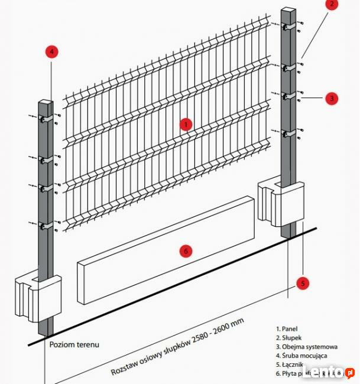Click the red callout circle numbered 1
click(186, 124)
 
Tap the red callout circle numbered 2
click(332, 4)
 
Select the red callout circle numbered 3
click(332, 98)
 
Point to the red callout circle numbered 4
click(52, 51)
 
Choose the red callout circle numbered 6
click(185, 251)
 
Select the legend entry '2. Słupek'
click(291, 338)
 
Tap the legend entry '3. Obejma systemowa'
click(306, 347)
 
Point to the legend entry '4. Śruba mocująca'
click(303, 356)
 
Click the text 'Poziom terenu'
click(74, 344)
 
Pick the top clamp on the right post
click(288, 28)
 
